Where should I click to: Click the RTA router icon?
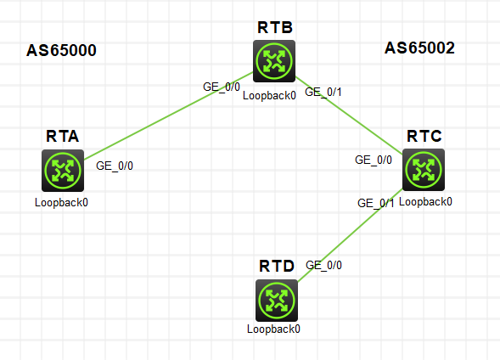[x=62, y=171]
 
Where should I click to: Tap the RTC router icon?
[x=423, y=170]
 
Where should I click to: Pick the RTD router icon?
[x=276, y=300]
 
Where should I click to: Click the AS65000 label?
[x=62, y=50]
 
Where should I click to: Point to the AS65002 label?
[x=419, y=48]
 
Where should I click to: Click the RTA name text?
[x=63, y=136]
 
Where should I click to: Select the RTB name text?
[x=274, y=27]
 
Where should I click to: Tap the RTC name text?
[x=424, y=136]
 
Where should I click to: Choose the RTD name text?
[x=276, y=266]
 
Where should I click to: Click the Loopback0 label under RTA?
[x=62, y=203]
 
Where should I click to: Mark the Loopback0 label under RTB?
[x=269, y=95]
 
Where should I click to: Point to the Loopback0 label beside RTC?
[x=426, y=202]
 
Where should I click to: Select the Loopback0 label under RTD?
[x=274, y=328]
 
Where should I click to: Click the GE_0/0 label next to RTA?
[x=115, y=166]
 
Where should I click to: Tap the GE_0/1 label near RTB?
[x=323, y=92]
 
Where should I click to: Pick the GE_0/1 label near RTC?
[x=376, y=203]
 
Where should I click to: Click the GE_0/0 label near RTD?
[x=323, y=265]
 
